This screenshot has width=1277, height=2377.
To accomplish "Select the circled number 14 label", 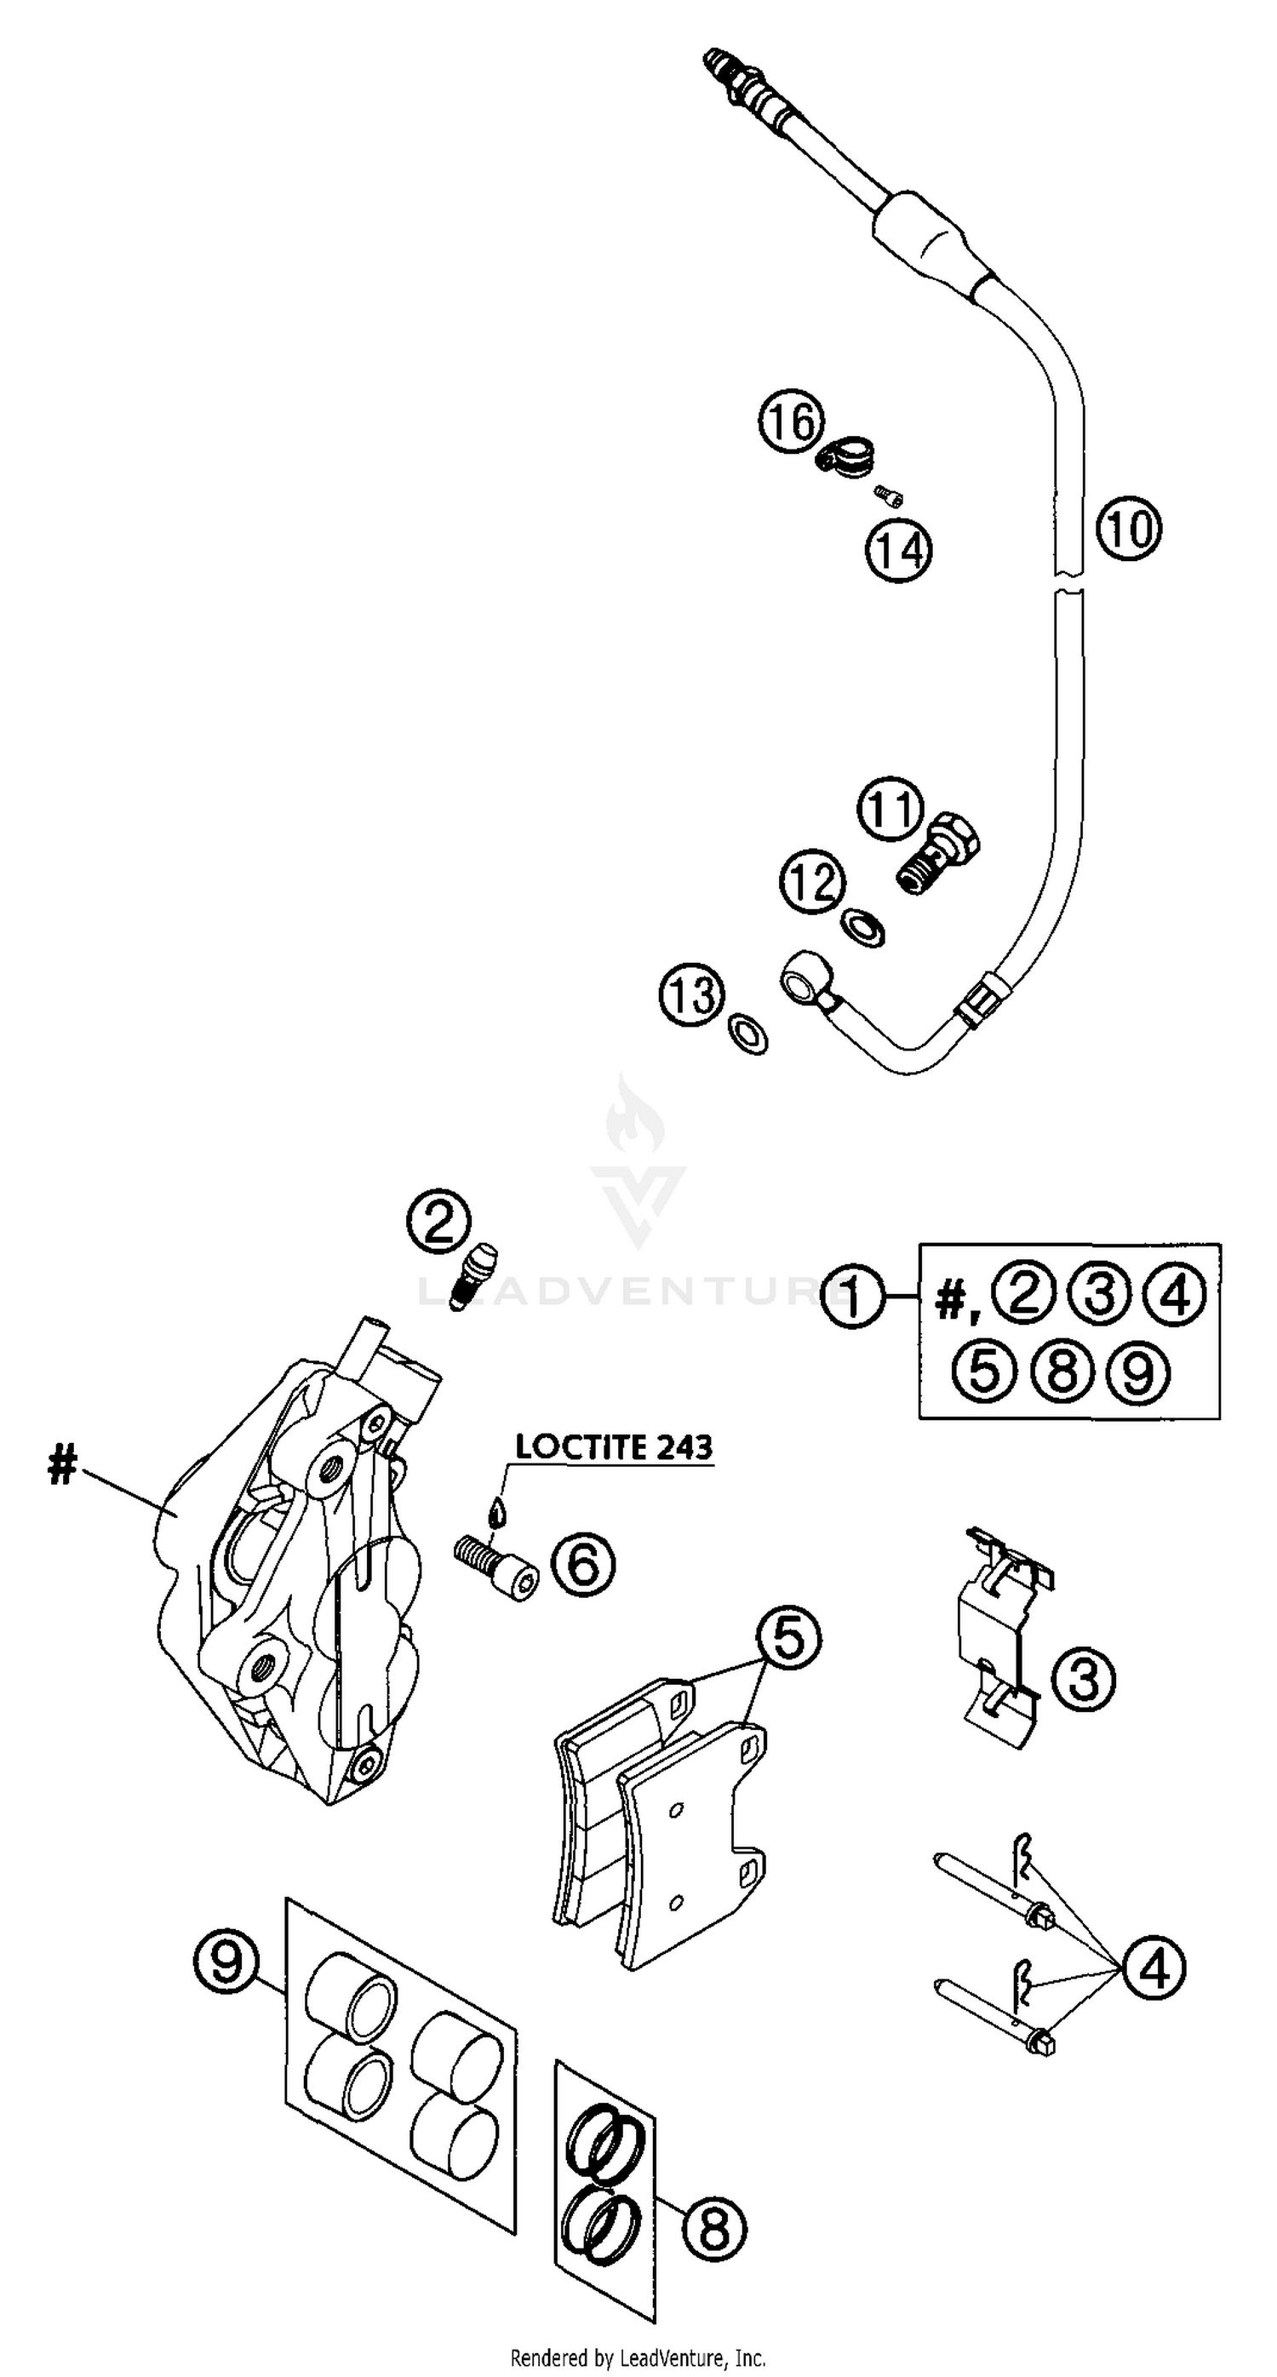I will pyautogui.click(x=899, y=551).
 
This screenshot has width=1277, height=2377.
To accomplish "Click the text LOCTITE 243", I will pyautogui.click(x=614, y=1446).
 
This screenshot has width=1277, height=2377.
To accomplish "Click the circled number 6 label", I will pyautogui.click(x=582, y=1564).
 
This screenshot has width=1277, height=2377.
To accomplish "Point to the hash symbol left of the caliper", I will pyautogui.click(x=62, y=1465).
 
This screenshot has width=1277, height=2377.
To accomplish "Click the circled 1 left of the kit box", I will pyautogui.click(x=852, y=1297).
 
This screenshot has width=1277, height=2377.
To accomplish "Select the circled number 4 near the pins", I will pyautogui.click(x=1154, y=1968).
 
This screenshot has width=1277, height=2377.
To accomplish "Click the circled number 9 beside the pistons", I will pyautogui.click(x=225, y=1961).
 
